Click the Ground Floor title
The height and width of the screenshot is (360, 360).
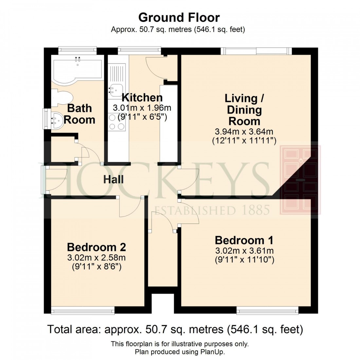click(179, 17)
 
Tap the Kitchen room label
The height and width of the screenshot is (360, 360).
click(142, 98)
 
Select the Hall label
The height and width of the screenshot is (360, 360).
click(114, 179)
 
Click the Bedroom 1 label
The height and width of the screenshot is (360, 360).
click(244, 240)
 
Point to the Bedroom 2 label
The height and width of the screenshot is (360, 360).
click(97, 247)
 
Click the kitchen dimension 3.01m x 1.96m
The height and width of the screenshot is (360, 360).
click(142, 108)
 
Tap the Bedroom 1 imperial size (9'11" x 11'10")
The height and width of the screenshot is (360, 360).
click(244, 260)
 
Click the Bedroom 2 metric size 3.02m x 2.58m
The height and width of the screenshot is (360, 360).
click(97, 258)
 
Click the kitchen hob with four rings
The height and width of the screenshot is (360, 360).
click(117, 122)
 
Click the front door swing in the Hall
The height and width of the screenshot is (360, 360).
click(56, 180)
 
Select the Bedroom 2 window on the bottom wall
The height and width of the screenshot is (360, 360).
click(83, 310)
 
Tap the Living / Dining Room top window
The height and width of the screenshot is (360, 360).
click(256, 51)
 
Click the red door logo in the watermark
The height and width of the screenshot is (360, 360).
click(300, 180)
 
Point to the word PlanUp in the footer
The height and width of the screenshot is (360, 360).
click(214, 352)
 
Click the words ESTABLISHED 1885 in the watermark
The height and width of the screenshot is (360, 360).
click(212, 210)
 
